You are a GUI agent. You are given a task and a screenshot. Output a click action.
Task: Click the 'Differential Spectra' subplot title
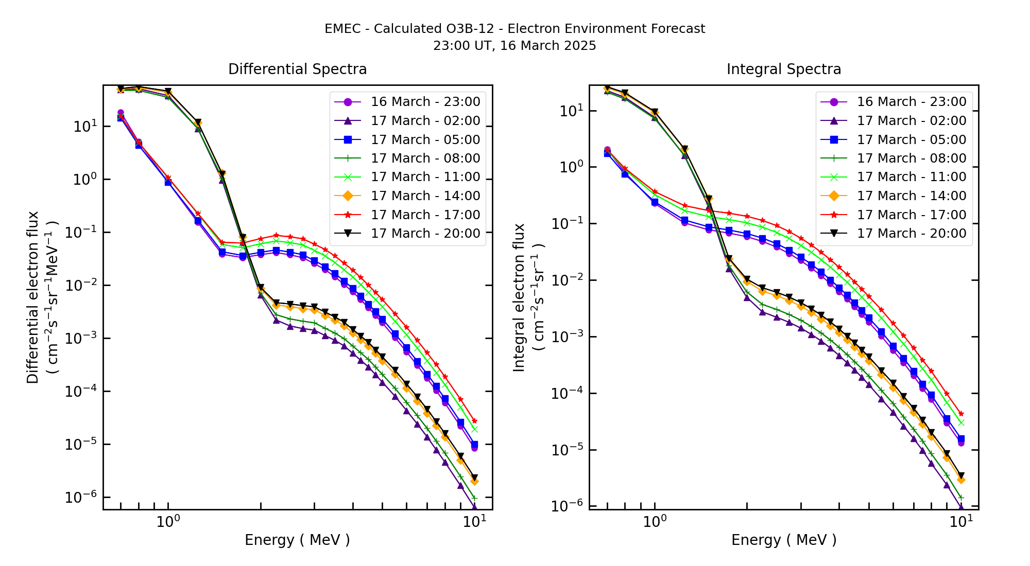pyautogui.click(x=297, y=69)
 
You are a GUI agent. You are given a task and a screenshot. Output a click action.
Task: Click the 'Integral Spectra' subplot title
pyautogui.click(x=783, y=69)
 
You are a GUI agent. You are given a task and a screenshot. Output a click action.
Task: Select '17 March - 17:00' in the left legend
pyautogui.click(x=425, y=215)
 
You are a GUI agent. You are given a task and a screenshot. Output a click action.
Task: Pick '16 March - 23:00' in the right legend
pyautogui.click(x=911, y=102)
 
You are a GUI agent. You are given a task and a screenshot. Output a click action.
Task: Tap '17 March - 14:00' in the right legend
pyautogui.click(x=911, y=196)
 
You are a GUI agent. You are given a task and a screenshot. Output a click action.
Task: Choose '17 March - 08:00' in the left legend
pyautogui.click(x=425, y=158)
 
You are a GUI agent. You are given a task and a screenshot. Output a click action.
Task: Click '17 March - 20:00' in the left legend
pyautogui.click(x=425, y=234)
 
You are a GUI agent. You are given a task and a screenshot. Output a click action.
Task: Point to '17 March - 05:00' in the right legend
pyautogui.click(x=911, y=139)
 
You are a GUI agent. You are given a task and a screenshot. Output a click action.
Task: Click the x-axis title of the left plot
pyautogui.click(x=297, y=540)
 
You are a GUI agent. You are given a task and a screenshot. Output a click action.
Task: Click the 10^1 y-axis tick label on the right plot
pyautogui.click(x=571, y=111)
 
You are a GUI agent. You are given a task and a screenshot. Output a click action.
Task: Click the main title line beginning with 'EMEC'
pyautogui.click(x=514, y=29)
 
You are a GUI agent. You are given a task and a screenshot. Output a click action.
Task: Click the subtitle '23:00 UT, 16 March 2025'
pyautogui.click(x=514, y=46)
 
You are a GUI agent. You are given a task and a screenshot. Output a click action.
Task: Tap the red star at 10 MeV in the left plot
pyautogui.click(x=474, y=421)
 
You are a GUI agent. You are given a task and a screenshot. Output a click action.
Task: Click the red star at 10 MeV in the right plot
pyautogui.click(x=960, y=414)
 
